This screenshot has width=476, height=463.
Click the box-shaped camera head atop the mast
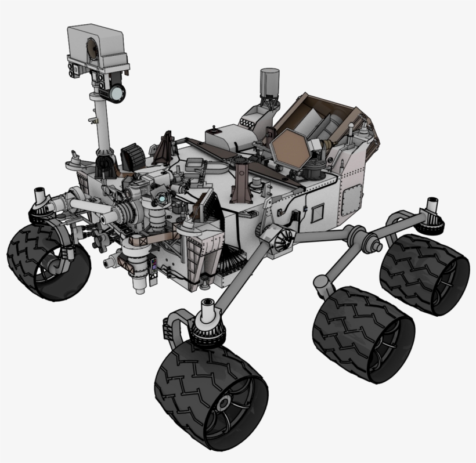pos(97,46)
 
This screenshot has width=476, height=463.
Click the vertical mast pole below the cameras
pos(103,125)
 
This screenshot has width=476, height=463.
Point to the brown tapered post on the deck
pos(240,180)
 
